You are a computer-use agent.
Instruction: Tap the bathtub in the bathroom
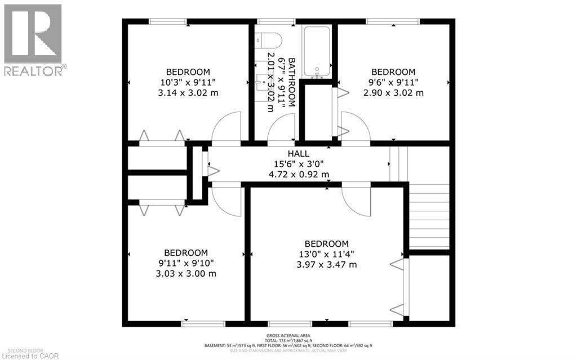pos(318,51)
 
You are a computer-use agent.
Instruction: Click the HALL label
pos(298,153)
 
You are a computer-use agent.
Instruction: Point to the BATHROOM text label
pos(291,82)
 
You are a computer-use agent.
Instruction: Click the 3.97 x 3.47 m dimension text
pos(327,264)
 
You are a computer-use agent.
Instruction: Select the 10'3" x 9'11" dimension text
pos(188,82)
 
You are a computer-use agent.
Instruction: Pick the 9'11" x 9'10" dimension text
pos(186,263)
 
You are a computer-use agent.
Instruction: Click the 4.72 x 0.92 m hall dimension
pos(298,174)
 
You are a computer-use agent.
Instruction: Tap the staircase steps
pos(429,217)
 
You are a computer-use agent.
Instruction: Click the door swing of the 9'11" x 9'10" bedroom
pos(225,201)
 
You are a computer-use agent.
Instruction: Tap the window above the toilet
pos(276,22)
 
